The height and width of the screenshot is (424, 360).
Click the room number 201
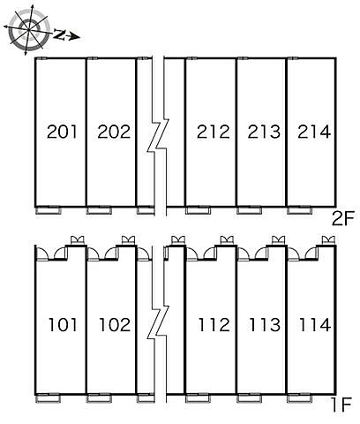(62, 132)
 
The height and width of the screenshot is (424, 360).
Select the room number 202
(114, 132)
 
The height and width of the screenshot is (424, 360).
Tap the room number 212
(214, 132)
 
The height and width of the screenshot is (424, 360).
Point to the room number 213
(264, 132)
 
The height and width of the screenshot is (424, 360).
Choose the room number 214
(314, 132)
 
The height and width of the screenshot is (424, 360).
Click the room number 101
(63, 325)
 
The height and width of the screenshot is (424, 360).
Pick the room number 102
(115, 325)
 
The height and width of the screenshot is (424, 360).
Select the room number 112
(214, 325)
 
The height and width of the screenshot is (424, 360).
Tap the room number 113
(265, 325)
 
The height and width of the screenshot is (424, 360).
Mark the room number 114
(315, 325)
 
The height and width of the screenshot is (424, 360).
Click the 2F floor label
(342, 219)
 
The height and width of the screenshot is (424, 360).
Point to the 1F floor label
(342, 405)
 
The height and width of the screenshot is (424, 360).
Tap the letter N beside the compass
(60, 34)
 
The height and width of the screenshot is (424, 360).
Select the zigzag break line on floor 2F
(158, 135)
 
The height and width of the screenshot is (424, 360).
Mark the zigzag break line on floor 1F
(158, 322)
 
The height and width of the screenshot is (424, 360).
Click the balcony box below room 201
(49, 211)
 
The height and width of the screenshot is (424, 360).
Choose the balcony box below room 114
(299, 399)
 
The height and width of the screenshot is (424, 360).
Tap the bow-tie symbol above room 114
(328, 239)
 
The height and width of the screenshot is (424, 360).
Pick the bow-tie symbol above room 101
(78, 239)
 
